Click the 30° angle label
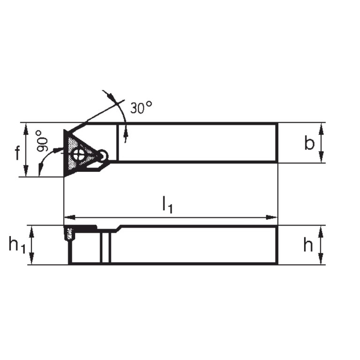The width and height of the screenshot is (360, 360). (x=141, y=108)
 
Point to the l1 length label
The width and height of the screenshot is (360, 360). (x=167, y=205)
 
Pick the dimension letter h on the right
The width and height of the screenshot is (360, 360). (x=308, y=245)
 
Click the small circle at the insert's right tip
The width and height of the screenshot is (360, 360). (x=103, y=154)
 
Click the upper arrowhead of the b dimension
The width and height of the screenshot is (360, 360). (x=322, y=127)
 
